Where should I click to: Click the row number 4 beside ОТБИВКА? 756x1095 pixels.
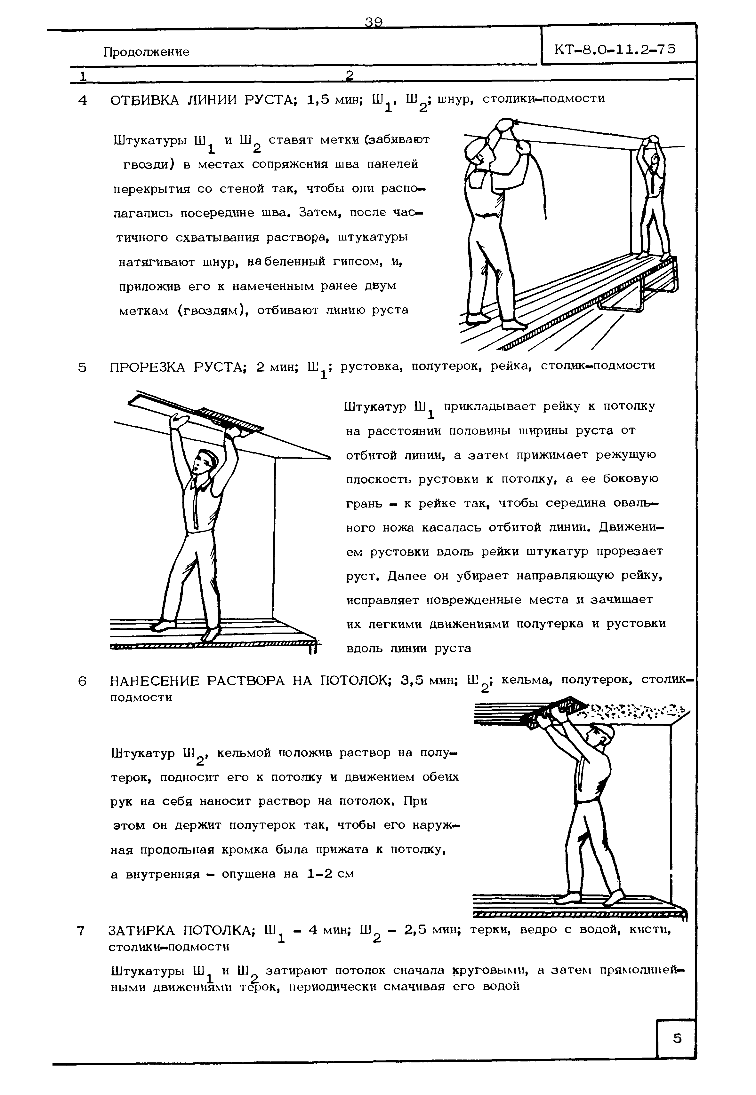(83, 100)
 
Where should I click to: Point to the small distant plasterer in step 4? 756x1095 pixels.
(654, 199)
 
